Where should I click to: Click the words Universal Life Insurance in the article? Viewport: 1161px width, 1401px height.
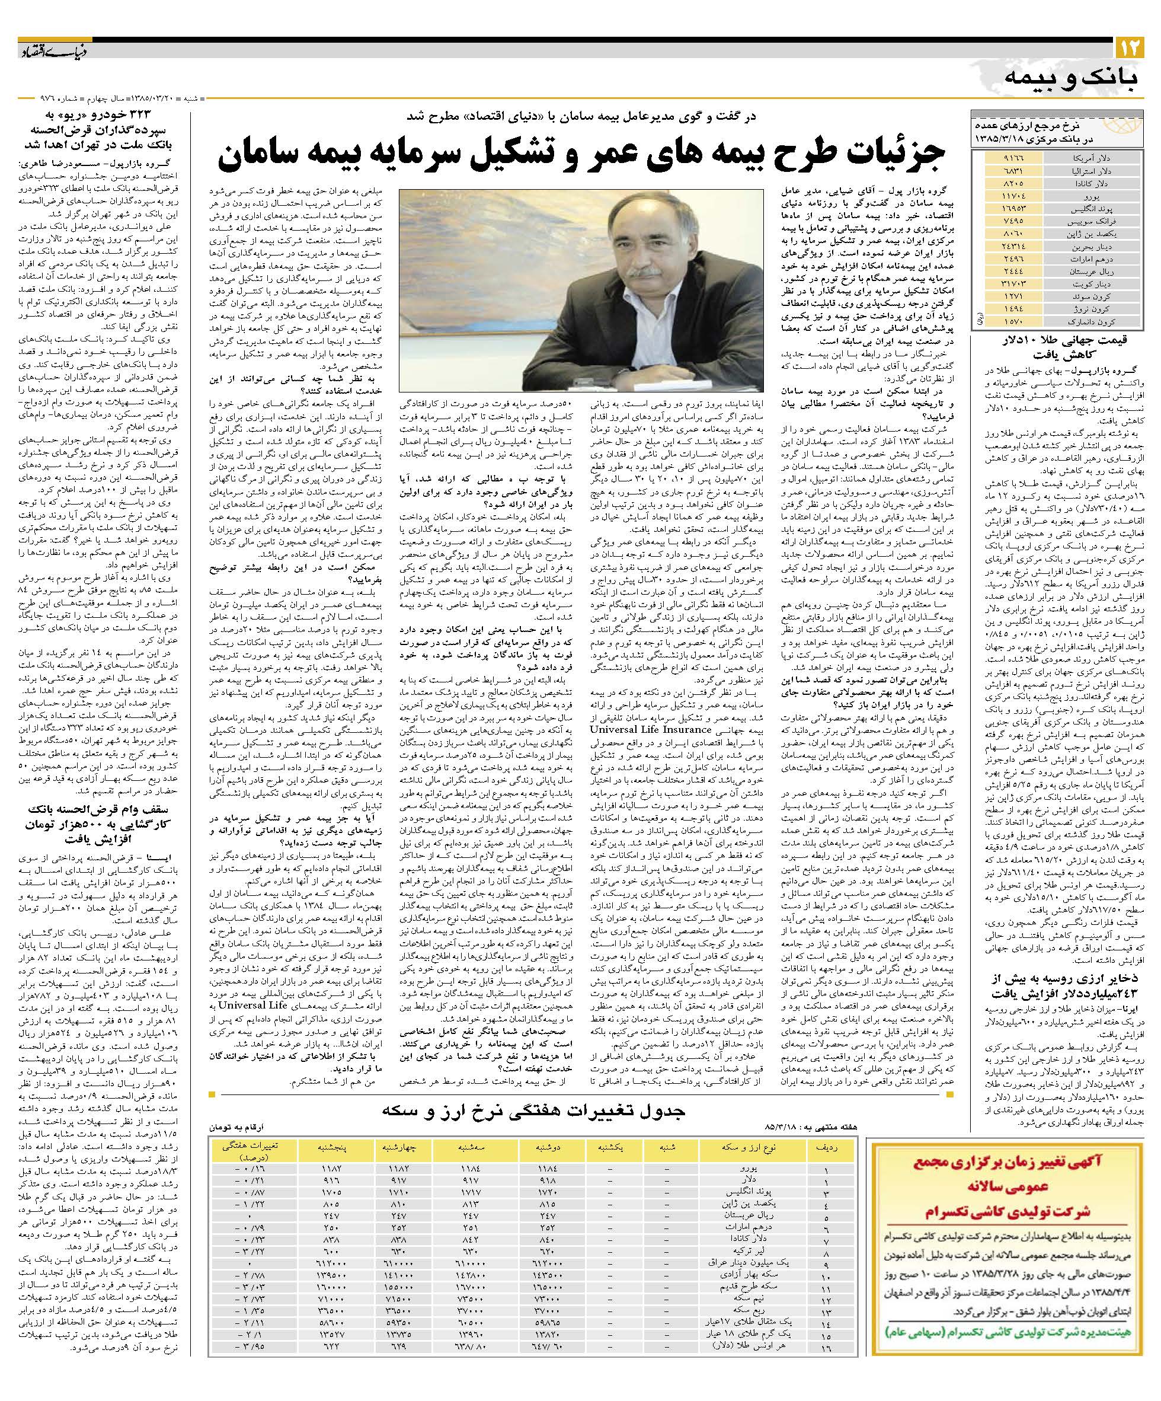[641, 729]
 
